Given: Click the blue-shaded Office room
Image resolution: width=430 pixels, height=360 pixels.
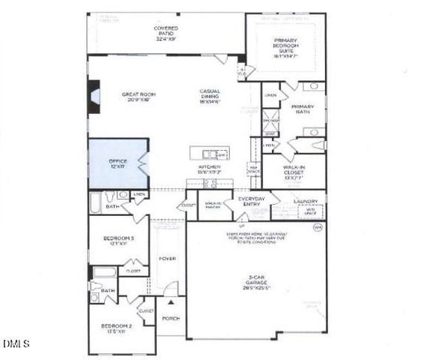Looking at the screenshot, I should (x=118, y=163).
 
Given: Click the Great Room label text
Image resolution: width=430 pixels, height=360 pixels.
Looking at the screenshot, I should (x=138, y=97).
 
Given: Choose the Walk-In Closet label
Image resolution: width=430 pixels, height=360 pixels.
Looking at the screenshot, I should (x=293, y=172).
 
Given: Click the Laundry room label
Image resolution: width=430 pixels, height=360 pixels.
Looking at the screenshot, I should (x=308, y=201).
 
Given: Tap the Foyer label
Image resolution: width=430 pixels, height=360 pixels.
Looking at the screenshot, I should (x=167, y=259).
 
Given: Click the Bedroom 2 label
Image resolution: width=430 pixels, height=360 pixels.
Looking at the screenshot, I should (x=119, y=328).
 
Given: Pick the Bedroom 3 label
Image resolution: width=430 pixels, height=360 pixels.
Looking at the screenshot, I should (x=119, y=241).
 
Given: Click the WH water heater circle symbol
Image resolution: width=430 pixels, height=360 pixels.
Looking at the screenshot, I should (x=318, y=227).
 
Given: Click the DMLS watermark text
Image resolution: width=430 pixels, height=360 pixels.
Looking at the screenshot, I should (x=15, y=344).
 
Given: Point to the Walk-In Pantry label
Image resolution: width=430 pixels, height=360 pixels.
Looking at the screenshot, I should (x=213, y=204).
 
